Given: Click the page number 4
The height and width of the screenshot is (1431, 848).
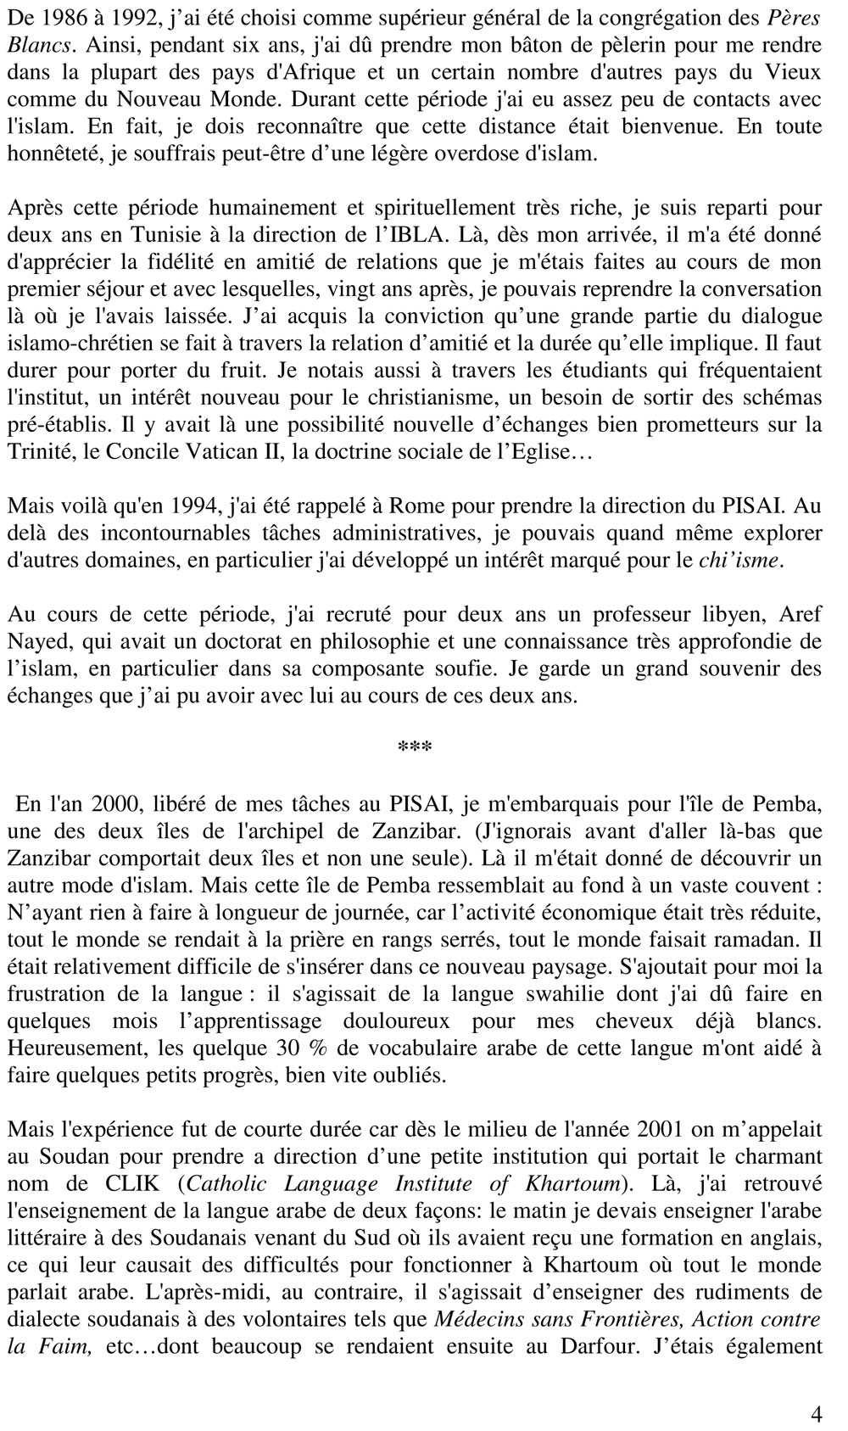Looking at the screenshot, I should pyautogui.click(x=816, y=1414).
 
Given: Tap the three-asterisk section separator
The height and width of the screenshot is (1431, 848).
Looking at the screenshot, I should pyautogui.click(x=415, y=748).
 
